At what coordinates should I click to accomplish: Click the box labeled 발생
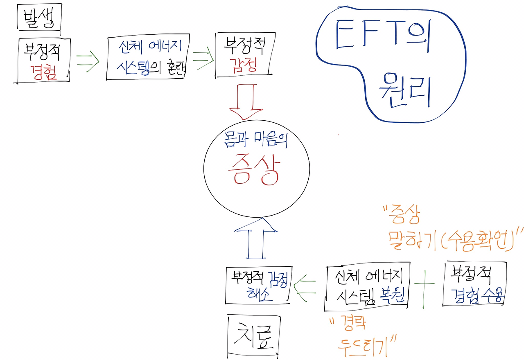[39, 18]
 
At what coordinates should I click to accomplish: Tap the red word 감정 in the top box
[244, 65]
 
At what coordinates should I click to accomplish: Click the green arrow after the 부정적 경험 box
[88, 61]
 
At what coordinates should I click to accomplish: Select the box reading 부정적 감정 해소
[258, 285]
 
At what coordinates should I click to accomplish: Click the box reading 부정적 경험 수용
[475, 284]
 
